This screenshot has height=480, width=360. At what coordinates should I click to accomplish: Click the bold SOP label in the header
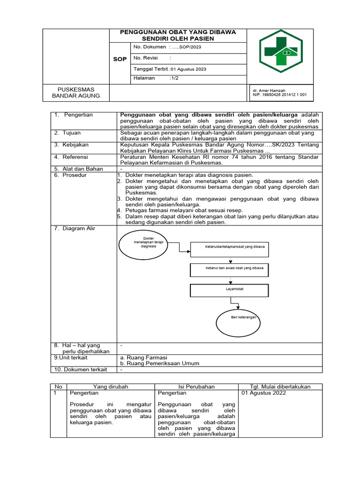pyautogui.click(x=120, y=60)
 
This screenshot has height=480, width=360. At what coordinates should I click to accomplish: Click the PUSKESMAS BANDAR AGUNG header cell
pyautogui.click(x=76, y=93)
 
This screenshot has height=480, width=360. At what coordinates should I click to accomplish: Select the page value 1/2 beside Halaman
pyautogui.click(x=175, y=78)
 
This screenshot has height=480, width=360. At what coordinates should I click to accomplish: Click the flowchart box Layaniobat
pyautogui.click(x=229, y=290)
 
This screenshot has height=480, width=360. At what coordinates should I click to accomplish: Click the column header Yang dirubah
pyautogui.click(x=111, y=387)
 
